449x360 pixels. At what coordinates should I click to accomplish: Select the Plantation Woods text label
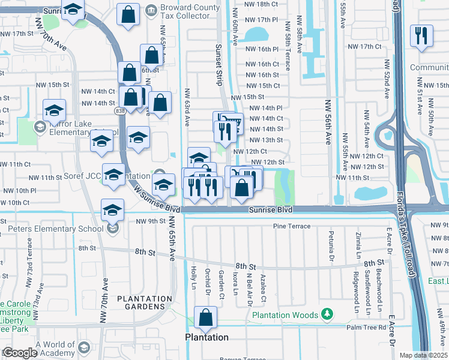286,315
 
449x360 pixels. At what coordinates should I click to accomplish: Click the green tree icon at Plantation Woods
327,314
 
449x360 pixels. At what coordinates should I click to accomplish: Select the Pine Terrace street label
292,226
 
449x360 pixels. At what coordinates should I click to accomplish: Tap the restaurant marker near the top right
421,35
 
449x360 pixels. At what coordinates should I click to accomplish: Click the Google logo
19,353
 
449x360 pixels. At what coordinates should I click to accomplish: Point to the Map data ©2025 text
423,355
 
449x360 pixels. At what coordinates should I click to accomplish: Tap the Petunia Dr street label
330,241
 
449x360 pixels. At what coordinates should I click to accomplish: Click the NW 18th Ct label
263,4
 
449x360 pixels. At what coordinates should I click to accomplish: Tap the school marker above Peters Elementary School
112,210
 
